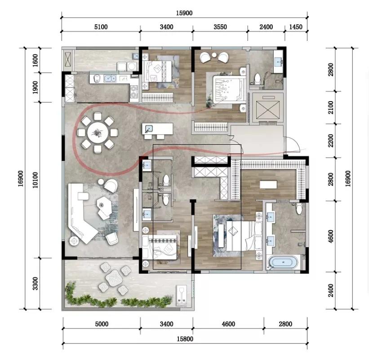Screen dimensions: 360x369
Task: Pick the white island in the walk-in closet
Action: [x=270, y=184]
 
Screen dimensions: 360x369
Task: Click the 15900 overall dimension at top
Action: [x=184, y=13]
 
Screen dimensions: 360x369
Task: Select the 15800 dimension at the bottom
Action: [x=185, y=339]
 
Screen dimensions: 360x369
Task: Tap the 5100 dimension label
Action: [x=101, y=27]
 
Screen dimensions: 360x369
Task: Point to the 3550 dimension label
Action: [x=220, y=27]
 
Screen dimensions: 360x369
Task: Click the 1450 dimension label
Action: [x=295, y=27]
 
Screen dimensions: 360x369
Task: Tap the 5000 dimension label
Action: [x=101, y=324]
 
